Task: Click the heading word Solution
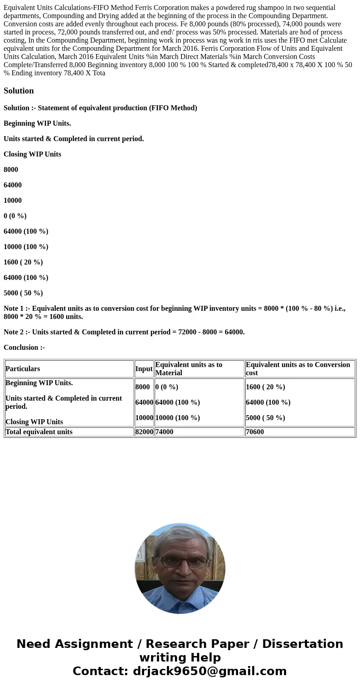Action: (x=19, y=91)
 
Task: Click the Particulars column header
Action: (x=23, y=369)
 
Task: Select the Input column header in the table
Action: (x=144, y=369)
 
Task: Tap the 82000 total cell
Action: (x=144, y=432)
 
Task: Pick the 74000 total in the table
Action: (x=164, y=432)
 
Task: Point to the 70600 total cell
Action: (x=255, y=432)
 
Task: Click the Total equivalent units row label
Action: (x=39, y=432)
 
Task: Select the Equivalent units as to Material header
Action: (x=189, y=369)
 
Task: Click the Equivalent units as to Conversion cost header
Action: (x=298, y=369)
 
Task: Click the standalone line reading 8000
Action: (x=11, y=170)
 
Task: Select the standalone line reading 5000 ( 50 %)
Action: (x=23, y=293)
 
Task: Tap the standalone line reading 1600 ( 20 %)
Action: (x=23, y=262)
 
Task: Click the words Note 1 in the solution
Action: (x=13, y=309)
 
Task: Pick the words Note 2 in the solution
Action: (x=13, y=332)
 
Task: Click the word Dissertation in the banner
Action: (x=302, y=644)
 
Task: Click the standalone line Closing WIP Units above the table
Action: (x=32, y=154)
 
